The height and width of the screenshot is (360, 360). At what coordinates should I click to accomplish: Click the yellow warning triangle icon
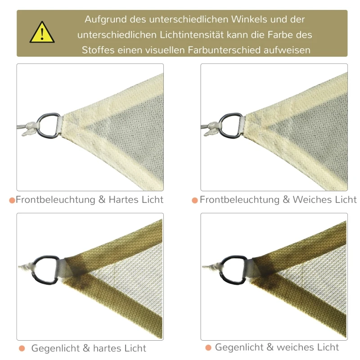click(42, 32)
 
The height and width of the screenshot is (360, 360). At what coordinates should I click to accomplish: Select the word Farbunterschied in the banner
click(224, 50)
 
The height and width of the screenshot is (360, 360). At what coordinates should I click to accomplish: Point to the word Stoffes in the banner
click(98, 50)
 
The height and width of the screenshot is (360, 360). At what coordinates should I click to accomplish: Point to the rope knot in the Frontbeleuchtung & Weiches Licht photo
click(212, 129)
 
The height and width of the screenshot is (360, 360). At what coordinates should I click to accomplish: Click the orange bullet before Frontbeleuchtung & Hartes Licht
click(12, 200)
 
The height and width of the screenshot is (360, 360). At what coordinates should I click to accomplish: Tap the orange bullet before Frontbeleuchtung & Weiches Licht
click(195, 200)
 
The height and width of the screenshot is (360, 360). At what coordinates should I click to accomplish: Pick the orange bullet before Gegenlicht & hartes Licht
click(22, 348)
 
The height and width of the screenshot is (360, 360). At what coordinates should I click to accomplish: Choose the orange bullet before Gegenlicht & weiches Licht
click(208, 347)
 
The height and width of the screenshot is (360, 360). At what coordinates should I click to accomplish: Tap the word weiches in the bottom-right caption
click(294, 347)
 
